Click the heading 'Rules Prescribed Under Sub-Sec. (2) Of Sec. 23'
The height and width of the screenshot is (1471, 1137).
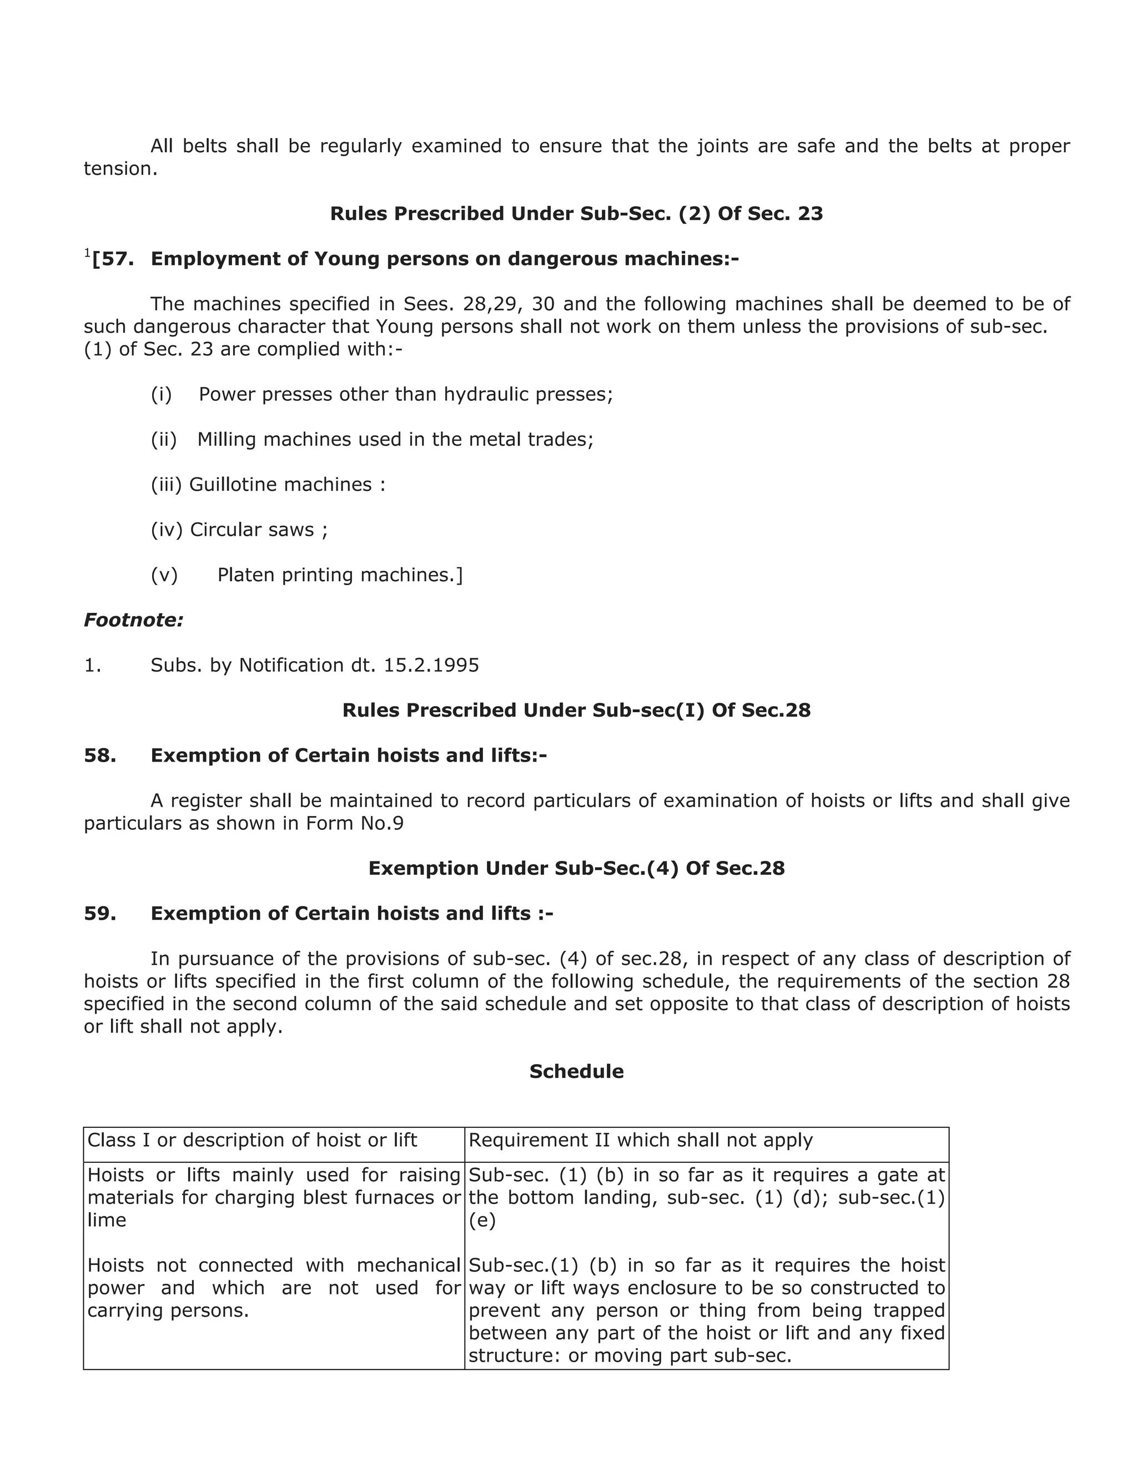[x=576, y=214]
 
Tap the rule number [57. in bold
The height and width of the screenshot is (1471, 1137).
[x=113, y=259]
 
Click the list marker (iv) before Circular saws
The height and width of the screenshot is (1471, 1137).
[x=167, y=530]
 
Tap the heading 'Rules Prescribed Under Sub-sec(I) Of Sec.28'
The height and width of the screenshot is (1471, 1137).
[x=576, y=710]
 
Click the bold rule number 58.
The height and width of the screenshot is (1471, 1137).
[x=100, y=755]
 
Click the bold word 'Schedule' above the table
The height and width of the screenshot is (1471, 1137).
[x=576, y=1071]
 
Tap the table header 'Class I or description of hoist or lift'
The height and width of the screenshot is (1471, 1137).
[x=252, y=1140]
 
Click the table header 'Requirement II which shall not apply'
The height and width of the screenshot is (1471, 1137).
[x=640, y=1140]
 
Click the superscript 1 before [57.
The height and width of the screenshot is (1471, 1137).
[x=87, y=253]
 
